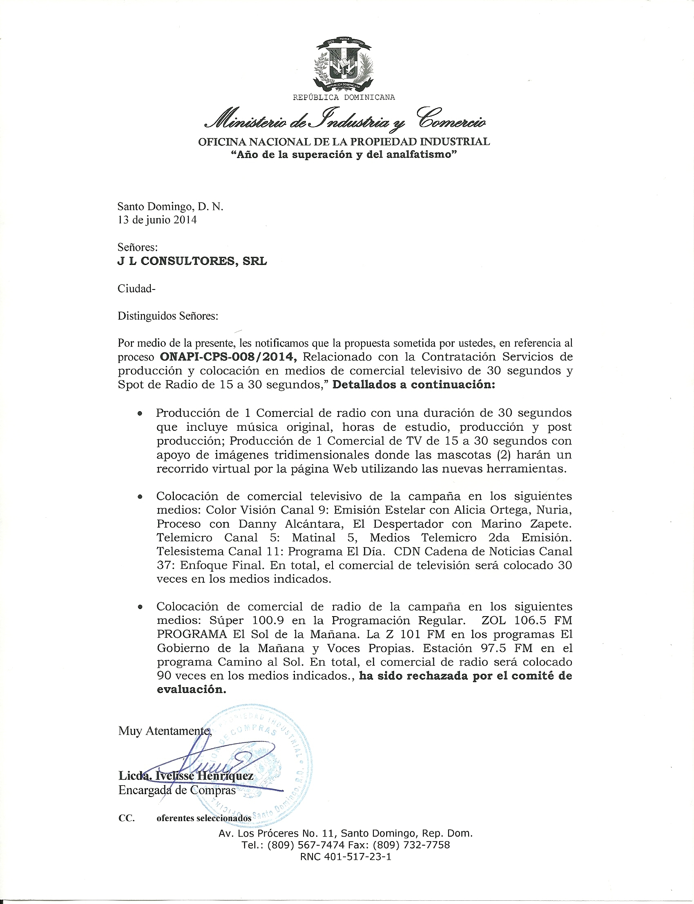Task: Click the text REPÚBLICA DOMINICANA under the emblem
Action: point(344,98)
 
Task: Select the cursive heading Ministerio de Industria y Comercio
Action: point(344,119)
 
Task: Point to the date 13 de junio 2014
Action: point(157,220)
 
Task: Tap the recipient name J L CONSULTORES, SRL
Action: point(192,261)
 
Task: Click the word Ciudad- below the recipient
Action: point(136,289)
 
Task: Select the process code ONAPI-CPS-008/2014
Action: point(228,357)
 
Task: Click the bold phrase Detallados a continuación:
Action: point(413,385)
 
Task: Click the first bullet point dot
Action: point(141,413)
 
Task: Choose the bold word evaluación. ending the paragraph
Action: point(191,690)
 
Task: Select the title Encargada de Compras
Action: point(177,790)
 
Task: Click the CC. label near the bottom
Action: point(126,818)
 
